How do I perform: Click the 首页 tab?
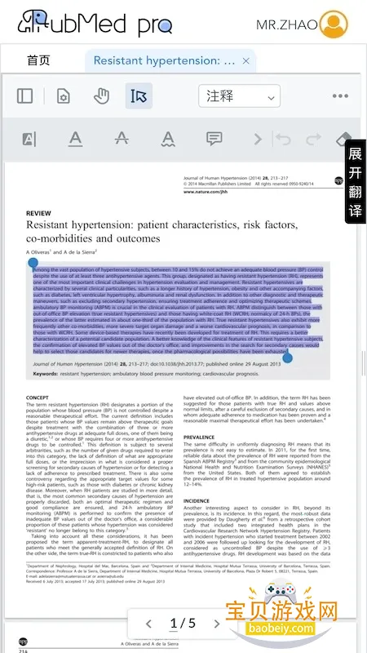coord(38,60)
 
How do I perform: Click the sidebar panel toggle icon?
coord(25,96)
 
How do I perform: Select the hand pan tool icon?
coord(101,96)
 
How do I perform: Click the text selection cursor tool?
coord(139,96)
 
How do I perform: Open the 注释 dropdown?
coord(239,96)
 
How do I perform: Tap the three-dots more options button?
coord(340,96)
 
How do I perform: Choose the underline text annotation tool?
coord(75,139)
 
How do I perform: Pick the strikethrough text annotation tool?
coord(122,139)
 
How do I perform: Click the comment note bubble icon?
coord(214,139)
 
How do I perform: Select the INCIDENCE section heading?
coord(197,500)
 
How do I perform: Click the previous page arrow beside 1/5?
coord(148,624)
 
